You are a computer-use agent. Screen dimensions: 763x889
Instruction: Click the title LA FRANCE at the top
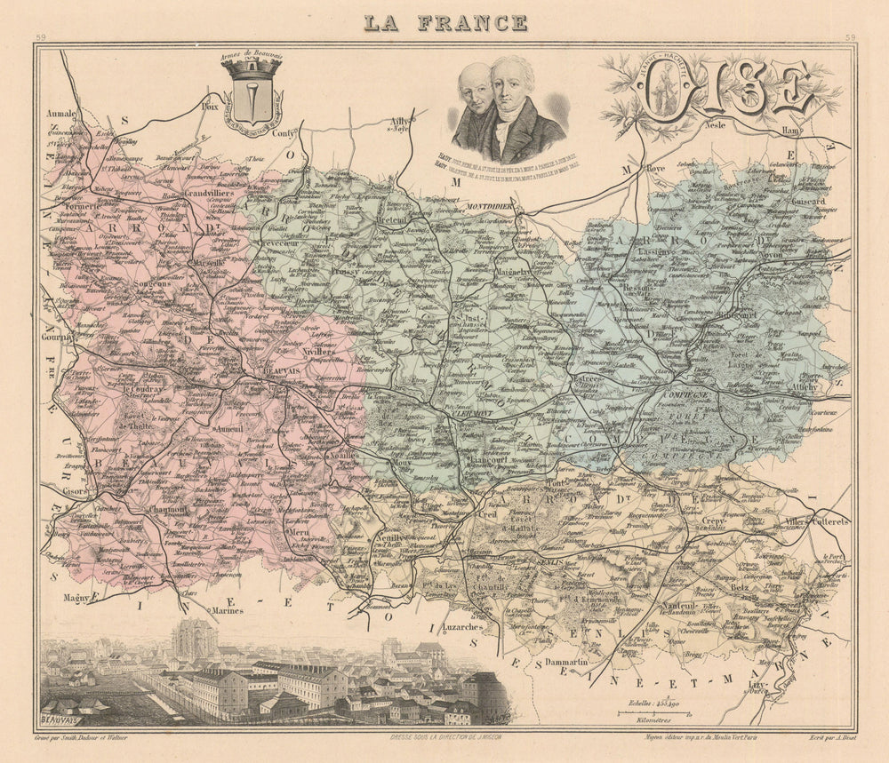tap(445, 22)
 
